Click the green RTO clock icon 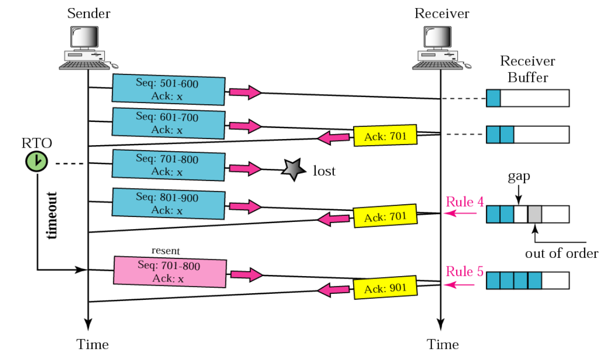[36, 162]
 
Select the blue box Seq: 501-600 [168, 89]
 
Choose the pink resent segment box [170, 272]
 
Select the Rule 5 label [464, 272]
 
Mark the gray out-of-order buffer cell [535, 214]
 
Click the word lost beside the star [324, 171]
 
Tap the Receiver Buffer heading [527, 69]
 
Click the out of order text [561, 253]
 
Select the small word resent [166, 250]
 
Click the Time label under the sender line [93, 345]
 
